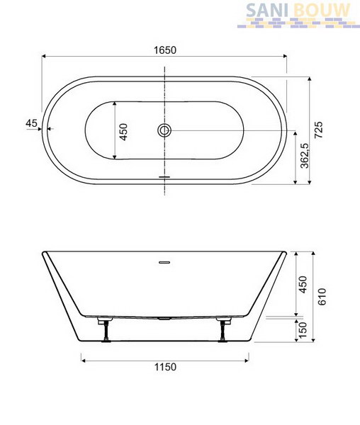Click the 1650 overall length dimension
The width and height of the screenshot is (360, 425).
tap(165, 50)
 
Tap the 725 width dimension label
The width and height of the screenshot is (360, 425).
tap(318, 130)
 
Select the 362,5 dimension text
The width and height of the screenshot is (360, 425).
tap(305, 156)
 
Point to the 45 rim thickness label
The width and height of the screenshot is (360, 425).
tap(31, 123)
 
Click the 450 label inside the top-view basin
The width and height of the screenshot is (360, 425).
tap(123, 132)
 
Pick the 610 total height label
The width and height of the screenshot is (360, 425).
tap(322, 297)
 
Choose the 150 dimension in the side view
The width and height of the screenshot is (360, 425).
tap(303, 329)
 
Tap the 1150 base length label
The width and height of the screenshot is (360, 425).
tap(165, 367)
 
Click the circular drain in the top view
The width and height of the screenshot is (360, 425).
tap(164, 130)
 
